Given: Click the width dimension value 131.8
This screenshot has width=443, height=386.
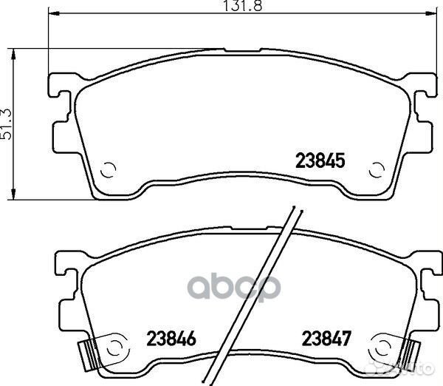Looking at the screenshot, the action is (243, 6).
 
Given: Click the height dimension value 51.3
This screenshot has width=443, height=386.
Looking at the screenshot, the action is (7, 123).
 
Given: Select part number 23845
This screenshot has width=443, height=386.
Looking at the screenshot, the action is (320, 160).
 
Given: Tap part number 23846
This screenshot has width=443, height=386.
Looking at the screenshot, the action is (171, 339).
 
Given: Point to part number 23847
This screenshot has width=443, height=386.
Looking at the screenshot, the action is (326, 339).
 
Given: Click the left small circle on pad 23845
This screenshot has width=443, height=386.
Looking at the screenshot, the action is (109, 170).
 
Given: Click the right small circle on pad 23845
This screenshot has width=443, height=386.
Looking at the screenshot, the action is (377, 170).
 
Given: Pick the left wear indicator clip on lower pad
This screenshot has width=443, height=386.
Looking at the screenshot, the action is (88, 356).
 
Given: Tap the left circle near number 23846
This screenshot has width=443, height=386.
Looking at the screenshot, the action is (114, 346).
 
